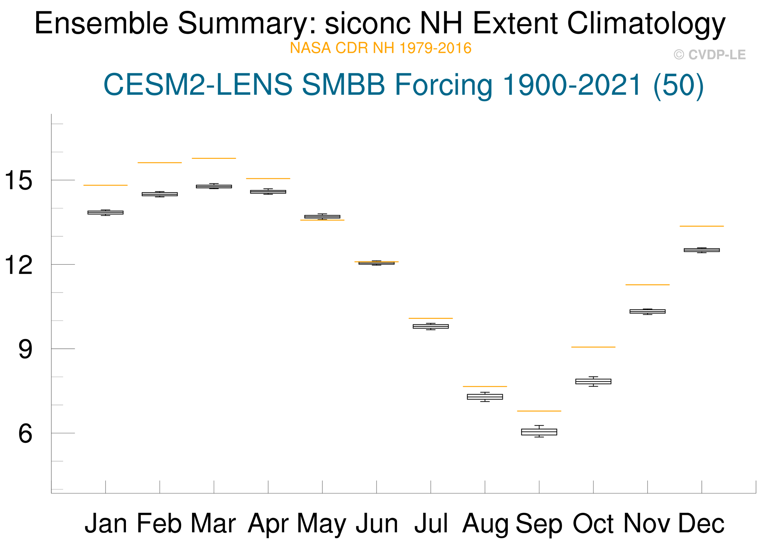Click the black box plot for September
coord(539,432)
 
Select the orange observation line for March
coord(214,158)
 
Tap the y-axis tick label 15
coord(18,180)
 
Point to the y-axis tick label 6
coord(25,434)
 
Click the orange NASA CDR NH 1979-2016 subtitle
coord(381,48)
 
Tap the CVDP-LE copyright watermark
coord(710,55)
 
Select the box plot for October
coord(593,381)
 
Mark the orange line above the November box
coord(648,285)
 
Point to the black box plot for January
coord(106,213)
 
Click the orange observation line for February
coord(160,162)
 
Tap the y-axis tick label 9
coord(25,349)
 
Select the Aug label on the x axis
coord(485,524)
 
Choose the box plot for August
coord(485,397)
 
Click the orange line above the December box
coord(701,226)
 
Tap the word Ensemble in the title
coord(101,23)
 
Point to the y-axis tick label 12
coord(18,265)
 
